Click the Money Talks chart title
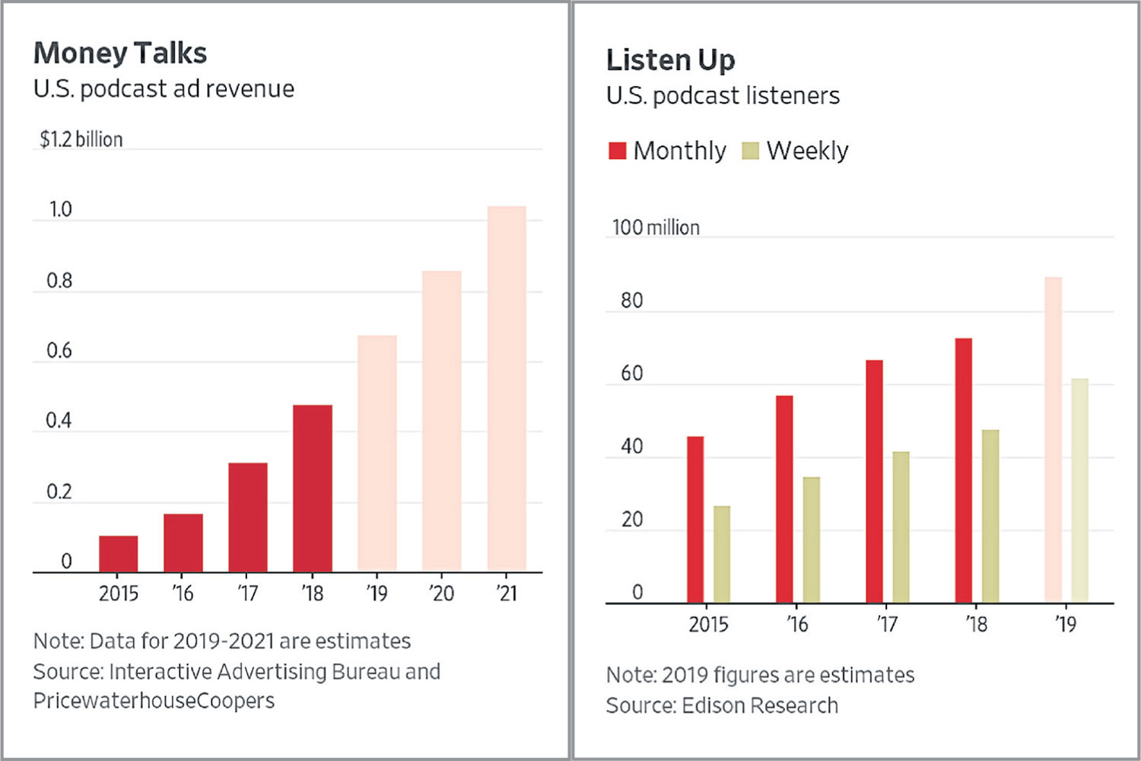tap(120, 53)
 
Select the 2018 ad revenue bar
tap(313, 489)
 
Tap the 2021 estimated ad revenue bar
tap(507, 389)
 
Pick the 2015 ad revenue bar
tap(119, 554)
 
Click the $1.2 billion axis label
tap(81, 139)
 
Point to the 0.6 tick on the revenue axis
tap(59, 351)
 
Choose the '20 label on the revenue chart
tap(441, 593)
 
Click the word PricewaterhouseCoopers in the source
tap(154, 700)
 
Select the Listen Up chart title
tap(671, 60)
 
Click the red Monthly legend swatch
tap(617, 151)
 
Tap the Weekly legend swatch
tap(751, 151)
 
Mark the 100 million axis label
tap(656, 228)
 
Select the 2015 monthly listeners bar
tap(695, 520)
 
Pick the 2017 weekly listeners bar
tap(901, 527)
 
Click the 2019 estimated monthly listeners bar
tap(1054, 440)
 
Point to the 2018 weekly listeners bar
tap(990, 517)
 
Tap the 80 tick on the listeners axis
tap(632, 301)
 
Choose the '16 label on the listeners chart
tap(797, 624)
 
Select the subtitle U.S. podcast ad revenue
tap(164, 89)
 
